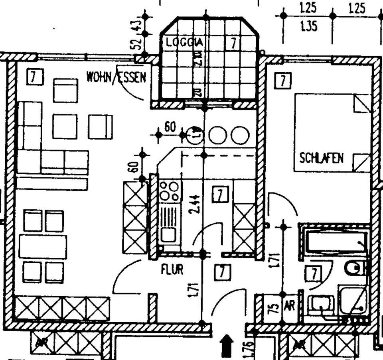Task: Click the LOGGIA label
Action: pyautogui.click(x=184, y=42)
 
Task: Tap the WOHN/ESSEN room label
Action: pyautogui.click(x=116, y=77)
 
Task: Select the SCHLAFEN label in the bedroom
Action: pyautogui.click(x=322, y=158)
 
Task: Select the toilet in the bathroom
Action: pyautogui.click(x=355, y=268)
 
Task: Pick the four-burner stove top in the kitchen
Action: pyautogui.click(x=169, y=191)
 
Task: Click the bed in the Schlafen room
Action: pyautogui.click(x=332, y=133)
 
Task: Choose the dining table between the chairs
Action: pyautogui.click(x=43, y=246)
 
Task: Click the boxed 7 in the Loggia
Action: pyautogui.click(x=232, y=42)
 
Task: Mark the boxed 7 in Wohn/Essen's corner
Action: pyautogui.click(x=35, y=77)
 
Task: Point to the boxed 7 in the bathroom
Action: pyautogui.click(x=314, y=274)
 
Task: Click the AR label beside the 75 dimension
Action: pyautogui.click(x=289, y=306)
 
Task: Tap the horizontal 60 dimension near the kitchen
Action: pyautogui.click(x=170, y=127)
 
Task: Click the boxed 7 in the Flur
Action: pyautogui.click(x=223, y=272)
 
